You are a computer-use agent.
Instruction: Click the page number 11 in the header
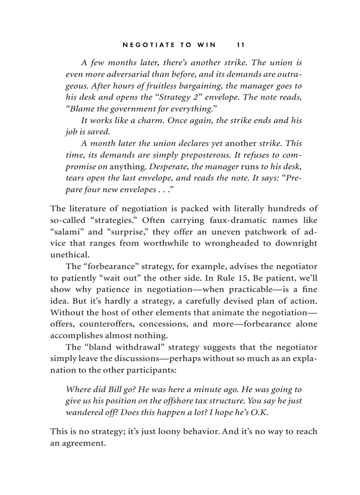pyautogui.click(x=240, y=45)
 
